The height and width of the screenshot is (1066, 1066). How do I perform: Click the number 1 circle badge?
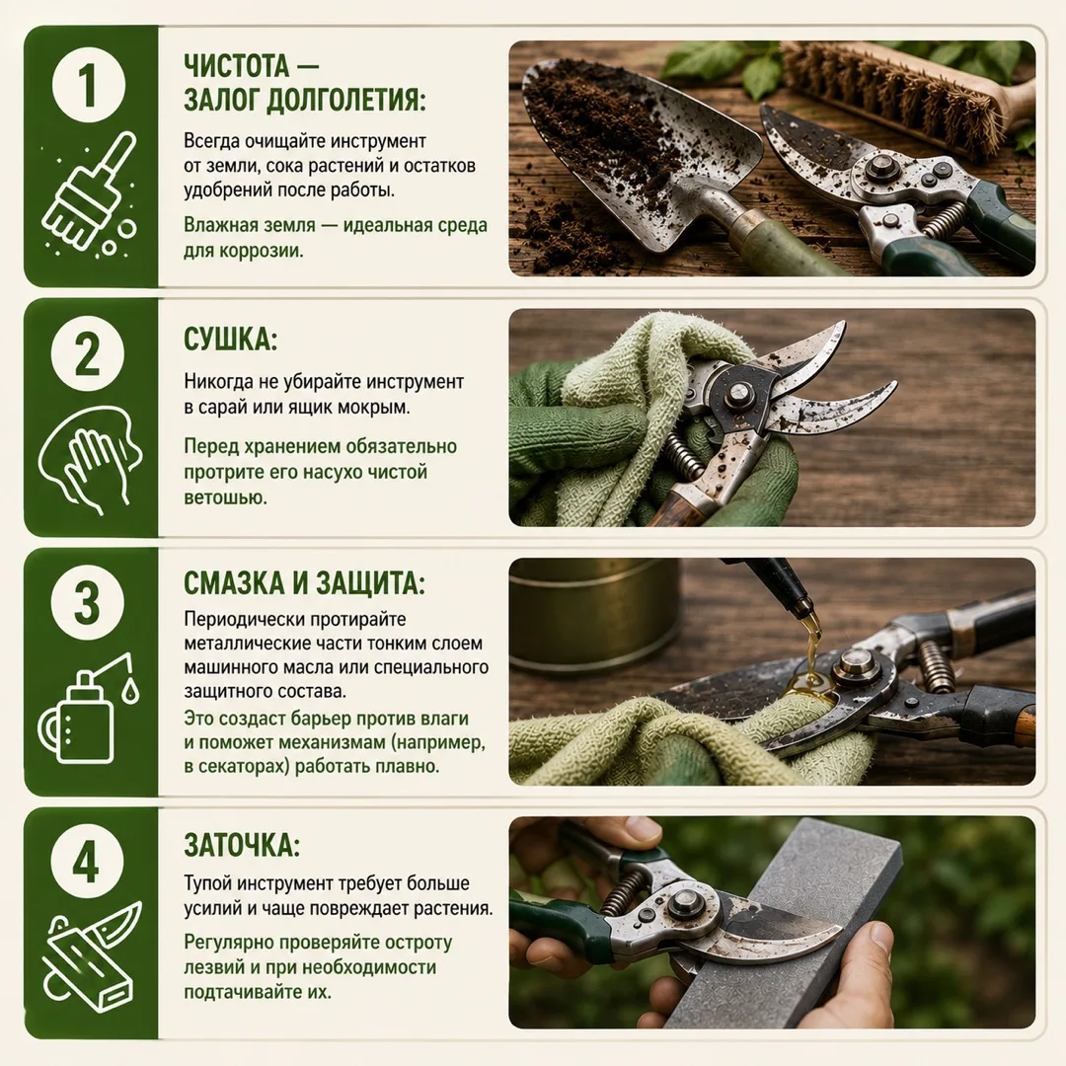pyautogui.click(x=89, y=86)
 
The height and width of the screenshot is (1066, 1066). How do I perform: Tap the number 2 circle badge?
pyautogui.click(x=89, y=354)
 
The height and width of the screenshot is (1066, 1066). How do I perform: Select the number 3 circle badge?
pyautogui.click(x=89, y=602)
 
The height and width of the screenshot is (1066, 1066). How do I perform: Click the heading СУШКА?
pyautogui.click(x=230, y=340)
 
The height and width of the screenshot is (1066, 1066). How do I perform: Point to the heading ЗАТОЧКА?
pyautogui.click(x=242, y=845)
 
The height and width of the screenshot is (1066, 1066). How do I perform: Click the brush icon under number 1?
pyautogui.click(x=89, y=194)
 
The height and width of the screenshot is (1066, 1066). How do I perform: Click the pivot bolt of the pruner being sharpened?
pyautogui.click(x=684, y=905)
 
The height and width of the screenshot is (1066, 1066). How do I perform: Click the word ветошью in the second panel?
pyautogui.click(x=225, y=497)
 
